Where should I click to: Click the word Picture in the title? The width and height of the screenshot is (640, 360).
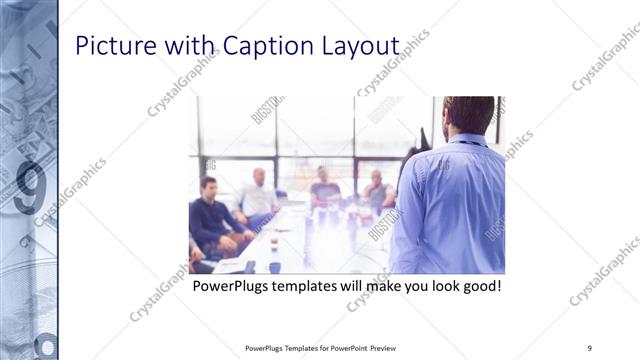(x=112, y=47)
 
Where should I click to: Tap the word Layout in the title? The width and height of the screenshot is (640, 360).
(x=363, y=47)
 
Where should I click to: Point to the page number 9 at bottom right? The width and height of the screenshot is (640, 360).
(x=590, y=348)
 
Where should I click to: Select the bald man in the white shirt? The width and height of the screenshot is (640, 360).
(x=258, y=196)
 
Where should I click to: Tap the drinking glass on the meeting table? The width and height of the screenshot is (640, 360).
(x=274, y=242)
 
